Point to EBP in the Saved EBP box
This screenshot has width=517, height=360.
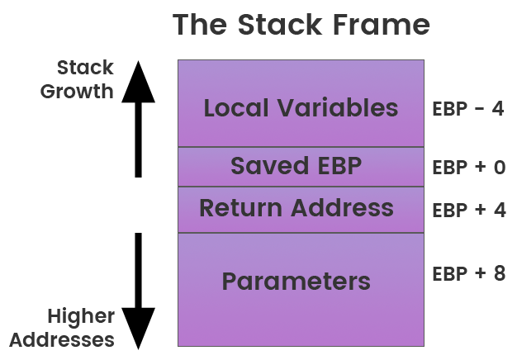338,167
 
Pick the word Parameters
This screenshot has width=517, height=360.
296,282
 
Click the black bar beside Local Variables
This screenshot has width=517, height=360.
138,118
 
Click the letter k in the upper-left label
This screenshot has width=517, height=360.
107,68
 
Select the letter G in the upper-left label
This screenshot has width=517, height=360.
48,91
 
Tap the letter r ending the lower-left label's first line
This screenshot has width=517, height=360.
111,317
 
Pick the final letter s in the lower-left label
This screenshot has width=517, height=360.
109,339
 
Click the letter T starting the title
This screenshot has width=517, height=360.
182,25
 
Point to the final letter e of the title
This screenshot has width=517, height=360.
421,25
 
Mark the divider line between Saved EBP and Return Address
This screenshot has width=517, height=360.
301,187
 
